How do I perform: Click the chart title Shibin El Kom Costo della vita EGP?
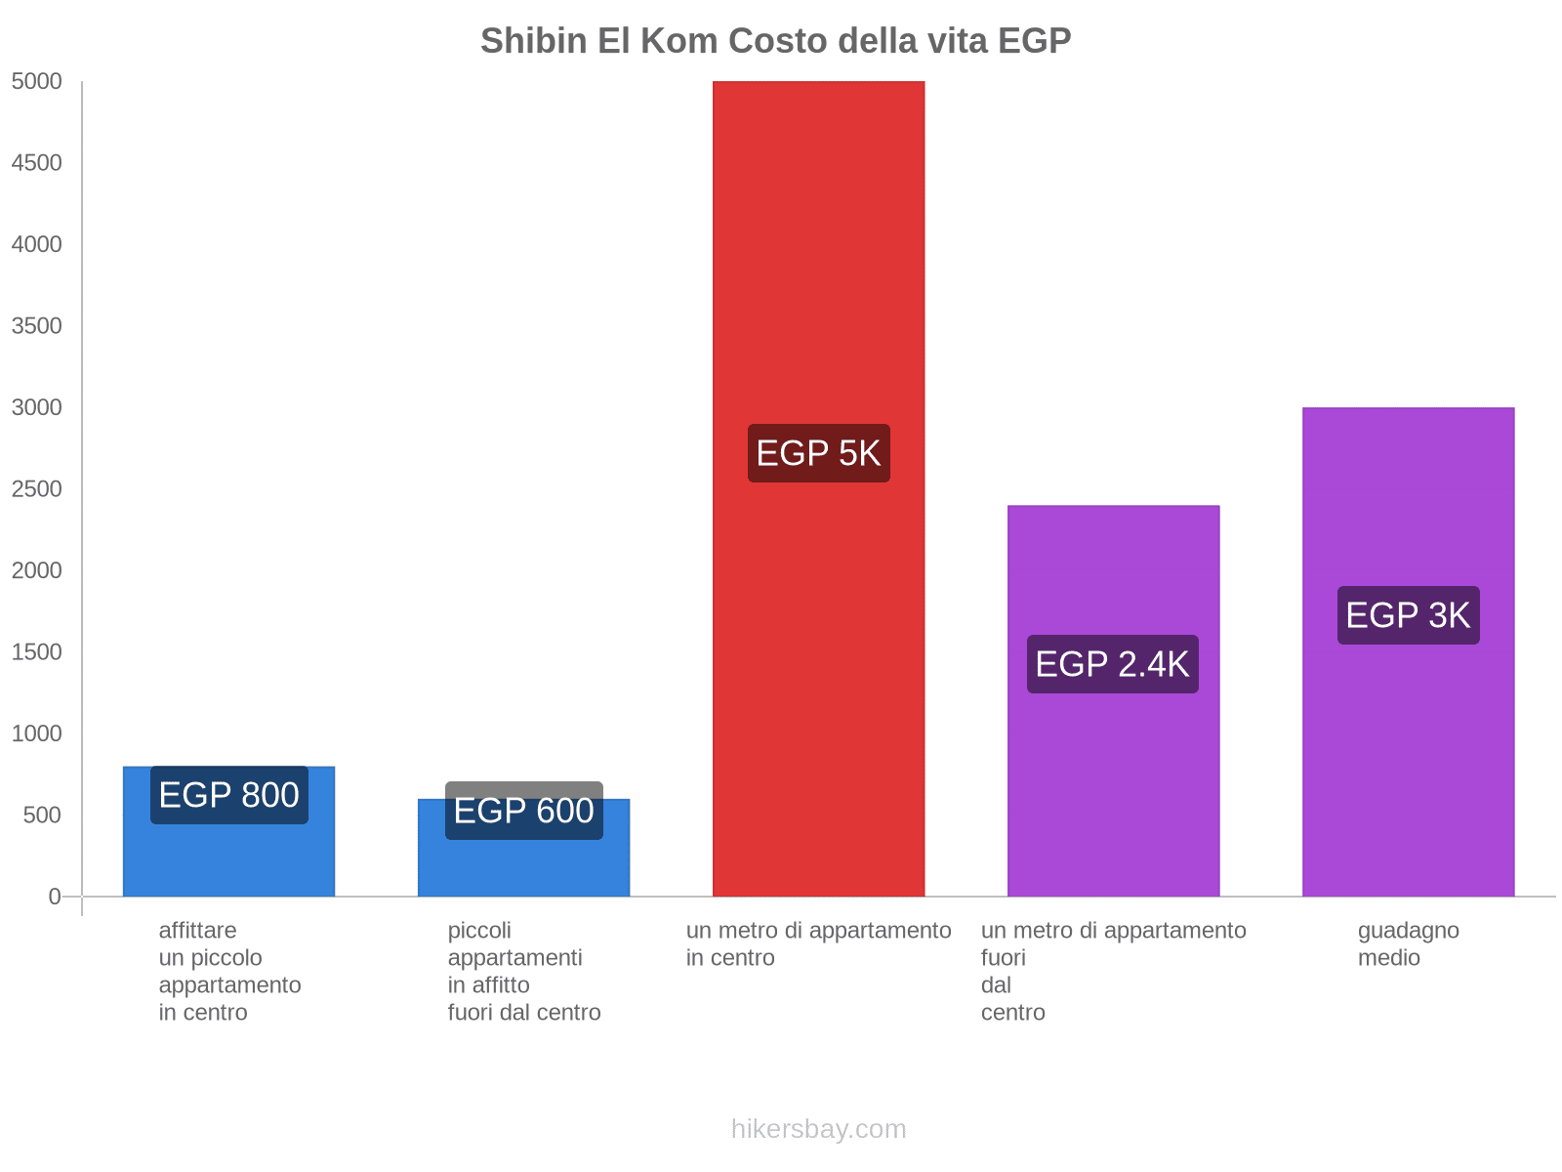pyautogui.click(x=775, y=41)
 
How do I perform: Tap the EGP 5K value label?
pyautogui.click(x=818, y=453)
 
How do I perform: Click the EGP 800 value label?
pyautogui.click(x=228, y=795)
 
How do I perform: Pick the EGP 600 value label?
pyautogui.click(x=523, y=811)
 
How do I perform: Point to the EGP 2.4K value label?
pyautogui.click(x=1112, y=664)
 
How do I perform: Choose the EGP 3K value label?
pyautogui.click(x=1408, y=615)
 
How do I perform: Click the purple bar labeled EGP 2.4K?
pyautogui.click(x=1113, y=781)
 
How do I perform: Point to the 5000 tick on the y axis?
pyautogui.click(x=36, y=82)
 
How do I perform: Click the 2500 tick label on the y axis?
pyautogui.click(x=36, y=489)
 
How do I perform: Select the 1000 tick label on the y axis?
pyautogui.click(x=36, y=733)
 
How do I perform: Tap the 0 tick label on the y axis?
pyautogui.click(x=55, y=897)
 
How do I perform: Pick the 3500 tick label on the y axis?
pyautogui.click(x=36, y=326)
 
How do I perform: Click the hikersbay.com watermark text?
pyautogui.click(x=818, y=1129)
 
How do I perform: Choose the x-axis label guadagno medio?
pyautogui.click(x=1408, y=943)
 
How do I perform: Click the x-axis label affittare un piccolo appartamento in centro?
pyautogui.click(x=229, y=971)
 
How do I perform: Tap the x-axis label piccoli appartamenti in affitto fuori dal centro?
pyautogui.click(x=523, y=971)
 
